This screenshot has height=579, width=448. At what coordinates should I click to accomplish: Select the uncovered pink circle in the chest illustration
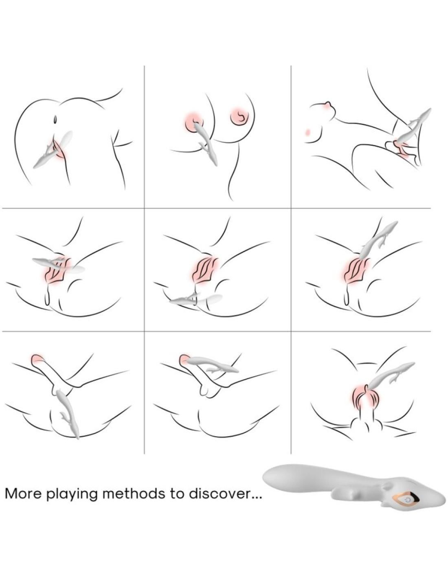pyautogui.click(x=239, y=116)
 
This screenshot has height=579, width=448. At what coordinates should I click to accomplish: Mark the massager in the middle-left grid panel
pyautogui.click(x=59, y=265)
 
